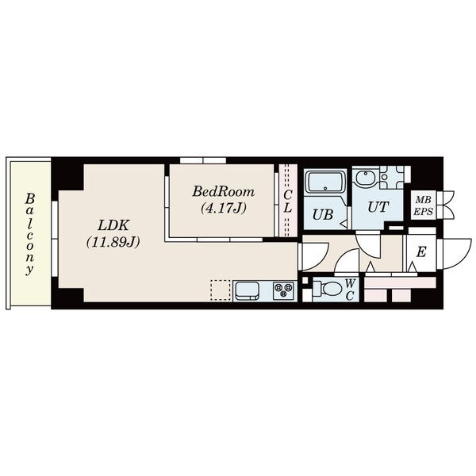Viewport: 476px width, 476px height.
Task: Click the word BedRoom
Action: coord(224,192)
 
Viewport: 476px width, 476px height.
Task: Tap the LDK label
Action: coord(113,225)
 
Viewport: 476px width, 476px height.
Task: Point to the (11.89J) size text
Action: coord(113,242)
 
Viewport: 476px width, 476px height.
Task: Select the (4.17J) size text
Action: coord(224,208)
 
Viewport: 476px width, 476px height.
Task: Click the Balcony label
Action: coord(29,234)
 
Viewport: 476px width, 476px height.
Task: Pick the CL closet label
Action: coord(288,201)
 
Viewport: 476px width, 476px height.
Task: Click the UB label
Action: coord(322,215)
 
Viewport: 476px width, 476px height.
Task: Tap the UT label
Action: coord(378,207)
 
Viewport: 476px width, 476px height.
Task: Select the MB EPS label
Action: coord(423,205)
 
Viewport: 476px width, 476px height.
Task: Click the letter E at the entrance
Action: coord(421,251)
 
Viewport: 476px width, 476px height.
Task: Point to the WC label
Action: coord(350,290)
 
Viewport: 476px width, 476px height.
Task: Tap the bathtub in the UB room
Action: coord(325,182)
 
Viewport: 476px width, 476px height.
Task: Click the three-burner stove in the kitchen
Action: coord(283,291)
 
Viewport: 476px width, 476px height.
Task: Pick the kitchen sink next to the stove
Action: coord(248,291)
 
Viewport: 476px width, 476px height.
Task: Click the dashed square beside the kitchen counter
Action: coord(221,290)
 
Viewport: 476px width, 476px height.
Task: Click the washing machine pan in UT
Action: coord(392,177)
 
